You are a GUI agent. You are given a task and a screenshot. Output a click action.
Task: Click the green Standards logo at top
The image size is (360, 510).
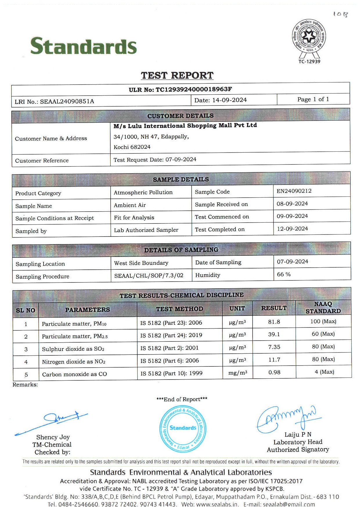point(83,46)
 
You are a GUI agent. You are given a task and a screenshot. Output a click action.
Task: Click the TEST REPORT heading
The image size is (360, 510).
point(177,75)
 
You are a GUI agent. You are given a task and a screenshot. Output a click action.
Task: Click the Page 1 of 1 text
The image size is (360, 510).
point(313,99)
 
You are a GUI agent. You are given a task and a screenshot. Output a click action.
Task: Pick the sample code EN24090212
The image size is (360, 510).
point(294,191)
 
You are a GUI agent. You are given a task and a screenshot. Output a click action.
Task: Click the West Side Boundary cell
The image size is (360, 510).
point(141,263)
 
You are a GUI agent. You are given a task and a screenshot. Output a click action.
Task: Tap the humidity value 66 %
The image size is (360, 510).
point(284,274)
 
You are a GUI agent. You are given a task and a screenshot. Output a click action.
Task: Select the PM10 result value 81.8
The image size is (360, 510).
point(274,322)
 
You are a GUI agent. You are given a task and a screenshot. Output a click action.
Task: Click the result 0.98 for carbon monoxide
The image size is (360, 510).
point(274,372)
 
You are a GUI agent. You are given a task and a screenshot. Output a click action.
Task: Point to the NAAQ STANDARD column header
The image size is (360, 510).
point(323,307)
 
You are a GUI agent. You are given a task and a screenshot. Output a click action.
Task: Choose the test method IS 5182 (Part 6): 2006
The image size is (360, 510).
point(170,361)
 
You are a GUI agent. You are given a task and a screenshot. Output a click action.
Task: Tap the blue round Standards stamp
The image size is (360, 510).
point(183,428)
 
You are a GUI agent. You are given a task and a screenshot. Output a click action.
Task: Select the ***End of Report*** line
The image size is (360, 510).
point(182,399)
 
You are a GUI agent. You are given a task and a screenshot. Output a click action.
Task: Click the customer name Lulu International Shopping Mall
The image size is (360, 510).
point(185,126)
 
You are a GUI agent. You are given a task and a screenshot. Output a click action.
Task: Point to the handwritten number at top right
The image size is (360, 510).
point(340,14)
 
